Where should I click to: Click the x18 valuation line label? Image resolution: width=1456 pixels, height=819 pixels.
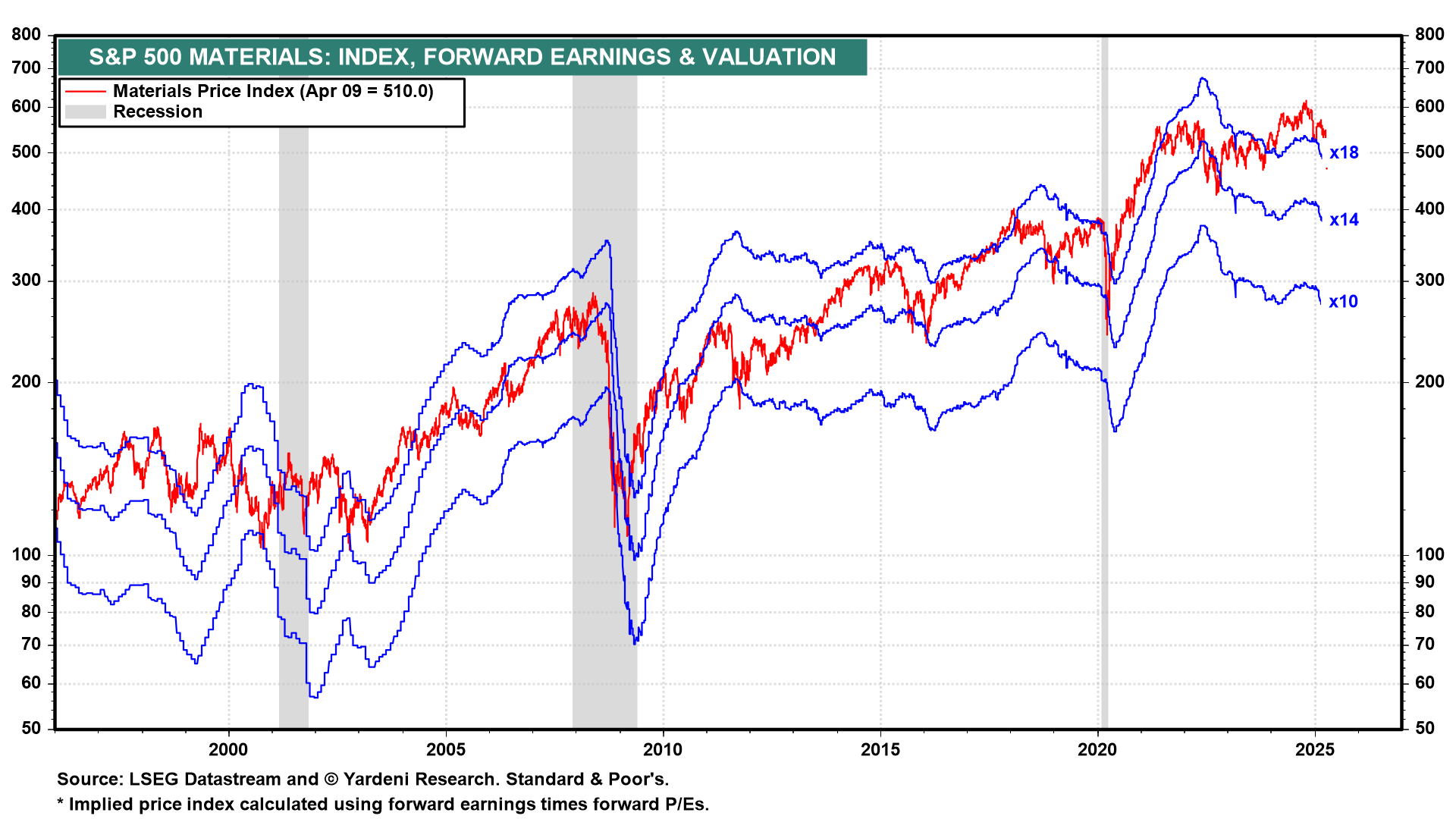pyautogui.click(x=1344, y=153)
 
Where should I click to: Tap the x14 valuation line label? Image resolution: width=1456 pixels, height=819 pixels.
pyautogui.click(x=1344, y=220)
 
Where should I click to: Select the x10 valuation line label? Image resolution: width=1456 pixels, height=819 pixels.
pyautogui.click(x=1343, y=302)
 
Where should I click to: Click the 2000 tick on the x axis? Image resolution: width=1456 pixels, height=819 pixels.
pyautogui.click(x=228, y=750)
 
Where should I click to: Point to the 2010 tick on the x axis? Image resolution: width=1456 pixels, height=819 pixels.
pyautogui.click(x=663, y=750)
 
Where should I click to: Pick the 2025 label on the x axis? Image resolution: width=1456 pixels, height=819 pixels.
pyautogui.click(x=1315, y=750)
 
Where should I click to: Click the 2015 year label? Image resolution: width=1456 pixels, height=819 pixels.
pyautogui.click(x=880, y=750)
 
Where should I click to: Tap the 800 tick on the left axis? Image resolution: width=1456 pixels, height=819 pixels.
pyautogui.click(x=27, y=34)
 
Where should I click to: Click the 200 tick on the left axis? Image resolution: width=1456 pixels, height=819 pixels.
pyautogui.click(x=27, y=381)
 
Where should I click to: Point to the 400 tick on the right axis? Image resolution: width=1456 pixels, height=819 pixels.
pyautogui.click(x=1429, y=209)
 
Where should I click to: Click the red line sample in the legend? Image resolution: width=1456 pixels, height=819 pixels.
pyautogui.click(x=85, y=92)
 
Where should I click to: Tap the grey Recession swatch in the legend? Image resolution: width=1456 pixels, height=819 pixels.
pyautogui.click(x=85, y=112)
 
